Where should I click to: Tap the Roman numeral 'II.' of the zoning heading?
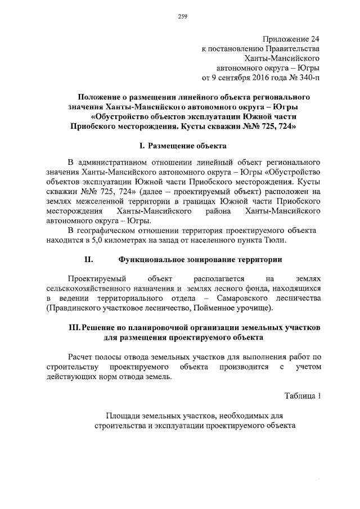tap(88, 260)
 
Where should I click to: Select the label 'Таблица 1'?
tap(303, 395)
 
